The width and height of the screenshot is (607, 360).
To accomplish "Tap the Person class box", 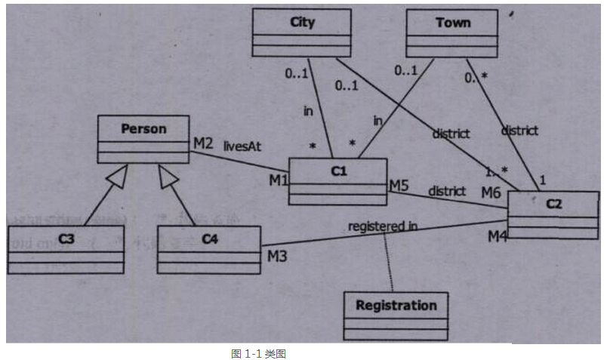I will coord(143,140).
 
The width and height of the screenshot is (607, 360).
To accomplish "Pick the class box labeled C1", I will coord(337,181).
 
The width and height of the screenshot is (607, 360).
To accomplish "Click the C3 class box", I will coord(66,249).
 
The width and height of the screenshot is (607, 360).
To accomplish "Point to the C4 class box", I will coord(208,249).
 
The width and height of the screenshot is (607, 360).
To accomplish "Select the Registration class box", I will coord(396,315).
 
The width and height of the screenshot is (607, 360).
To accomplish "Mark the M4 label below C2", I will coord(497,237).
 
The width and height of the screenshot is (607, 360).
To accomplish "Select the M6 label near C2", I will coord(491,194).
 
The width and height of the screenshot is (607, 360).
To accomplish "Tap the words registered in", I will coord(383,225).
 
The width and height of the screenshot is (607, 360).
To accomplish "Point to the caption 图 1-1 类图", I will coord(257,352).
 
